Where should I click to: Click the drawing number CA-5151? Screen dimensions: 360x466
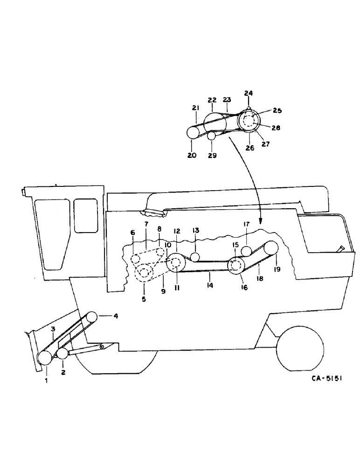tap(326, 378)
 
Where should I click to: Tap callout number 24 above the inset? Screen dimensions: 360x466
tap(249, 93)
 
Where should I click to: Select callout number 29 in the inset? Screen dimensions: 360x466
tap(212, 156)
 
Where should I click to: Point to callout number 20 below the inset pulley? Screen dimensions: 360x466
tap(192, 155)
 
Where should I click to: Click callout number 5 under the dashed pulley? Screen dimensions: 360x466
tap(144, 299)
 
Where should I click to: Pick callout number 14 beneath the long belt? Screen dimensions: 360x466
tap(210, 285)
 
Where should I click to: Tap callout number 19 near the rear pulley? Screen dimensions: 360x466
tap(277, 269)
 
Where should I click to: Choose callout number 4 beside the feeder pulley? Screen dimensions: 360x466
tap(116, 316)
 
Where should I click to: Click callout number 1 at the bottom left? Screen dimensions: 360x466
tap(47, 381)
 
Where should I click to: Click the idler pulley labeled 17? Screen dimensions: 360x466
tap(246, 251)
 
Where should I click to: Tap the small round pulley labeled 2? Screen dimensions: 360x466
tap(62, 353)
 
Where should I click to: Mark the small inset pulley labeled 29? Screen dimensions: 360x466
tap(211, 136)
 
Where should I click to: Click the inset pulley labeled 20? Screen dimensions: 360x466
tap(193, 132)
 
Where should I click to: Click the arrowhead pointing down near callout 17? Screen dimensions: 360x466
tap(261, 221)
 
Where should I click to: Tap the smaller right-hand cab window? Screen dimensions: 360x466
tap(86, 215)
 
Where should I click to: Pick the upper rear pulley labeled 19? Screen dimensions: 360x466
tap(270, 247)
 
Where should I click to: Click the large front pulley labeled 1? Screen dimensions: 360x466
tap(45, 357)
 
